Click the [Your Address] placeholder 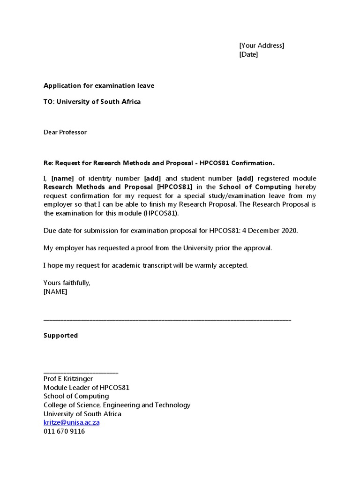(262, 45)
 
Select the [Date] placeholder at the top (248, 54)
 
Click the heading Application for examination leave (98, 86)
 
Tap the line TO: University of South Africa (92, 102)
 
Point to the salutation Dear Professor (65, 132)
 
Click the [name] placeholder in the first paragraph (62, 179)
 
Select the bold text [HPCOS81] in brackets (174, 187)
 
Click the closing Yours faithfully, (67, 283)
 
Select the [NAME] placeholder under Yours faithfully (55, 292)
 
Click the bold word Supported (61, 336)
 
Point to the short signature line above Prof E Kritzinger (81, 372)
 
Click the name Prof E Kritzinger (68, 379)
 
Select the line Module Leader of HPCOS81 (86, 388)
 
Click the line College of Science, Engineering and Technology (117, 405)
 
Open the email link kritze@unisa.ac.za (71, 422)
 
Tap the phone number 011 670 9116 (64, 431)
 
